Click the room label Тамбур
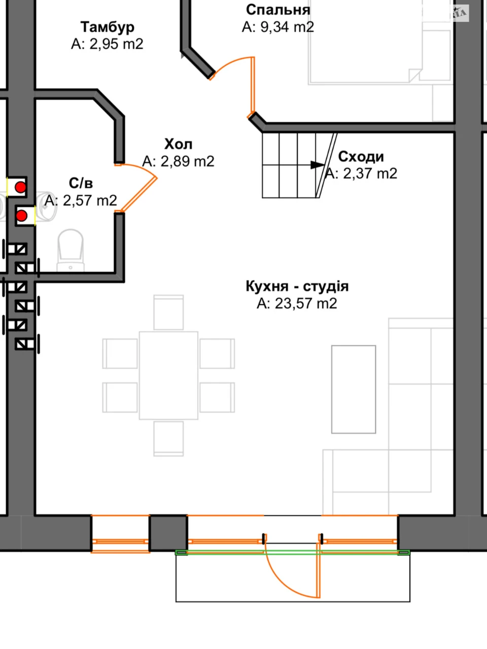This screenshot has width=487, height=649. (x=108, y=27)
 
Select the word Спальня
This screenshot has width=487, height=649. (x=278, y=10)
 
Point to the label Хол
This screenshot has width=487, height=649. (x=178, y=145)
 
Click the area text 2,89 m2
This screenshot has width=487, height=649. (x=188, y=161)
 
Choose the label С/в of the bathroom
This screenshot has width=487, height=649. (x=81, y=184)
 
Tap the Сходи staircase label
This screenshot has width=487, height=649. (x=361, y=157)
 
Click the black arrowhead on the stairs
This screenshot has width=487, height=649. (x=317, y=165)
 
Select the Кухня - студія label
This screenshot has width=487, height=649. (x=297, y=286)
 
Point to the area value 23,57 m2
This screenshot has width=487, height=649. (x=306, y=303)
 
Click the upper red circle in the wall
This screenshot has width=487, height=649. (x=21, y=187)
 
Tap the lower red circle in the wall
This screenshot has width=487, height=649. (x=22, y=215)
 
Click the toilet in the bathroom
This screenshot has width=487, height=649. (x=71, y=250)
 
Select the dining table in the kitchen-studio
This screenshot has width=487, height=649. (x=168, y=376)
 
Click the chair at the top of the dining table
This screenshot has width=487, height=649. (x=168, y=312)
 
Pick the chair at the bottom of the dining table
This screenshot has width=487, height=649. (x=168, y=439)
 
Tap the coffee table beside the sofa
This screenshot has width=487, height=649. (x=354, y=389)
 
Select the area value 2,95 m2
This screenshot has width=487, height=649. (x=116, y=44)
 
